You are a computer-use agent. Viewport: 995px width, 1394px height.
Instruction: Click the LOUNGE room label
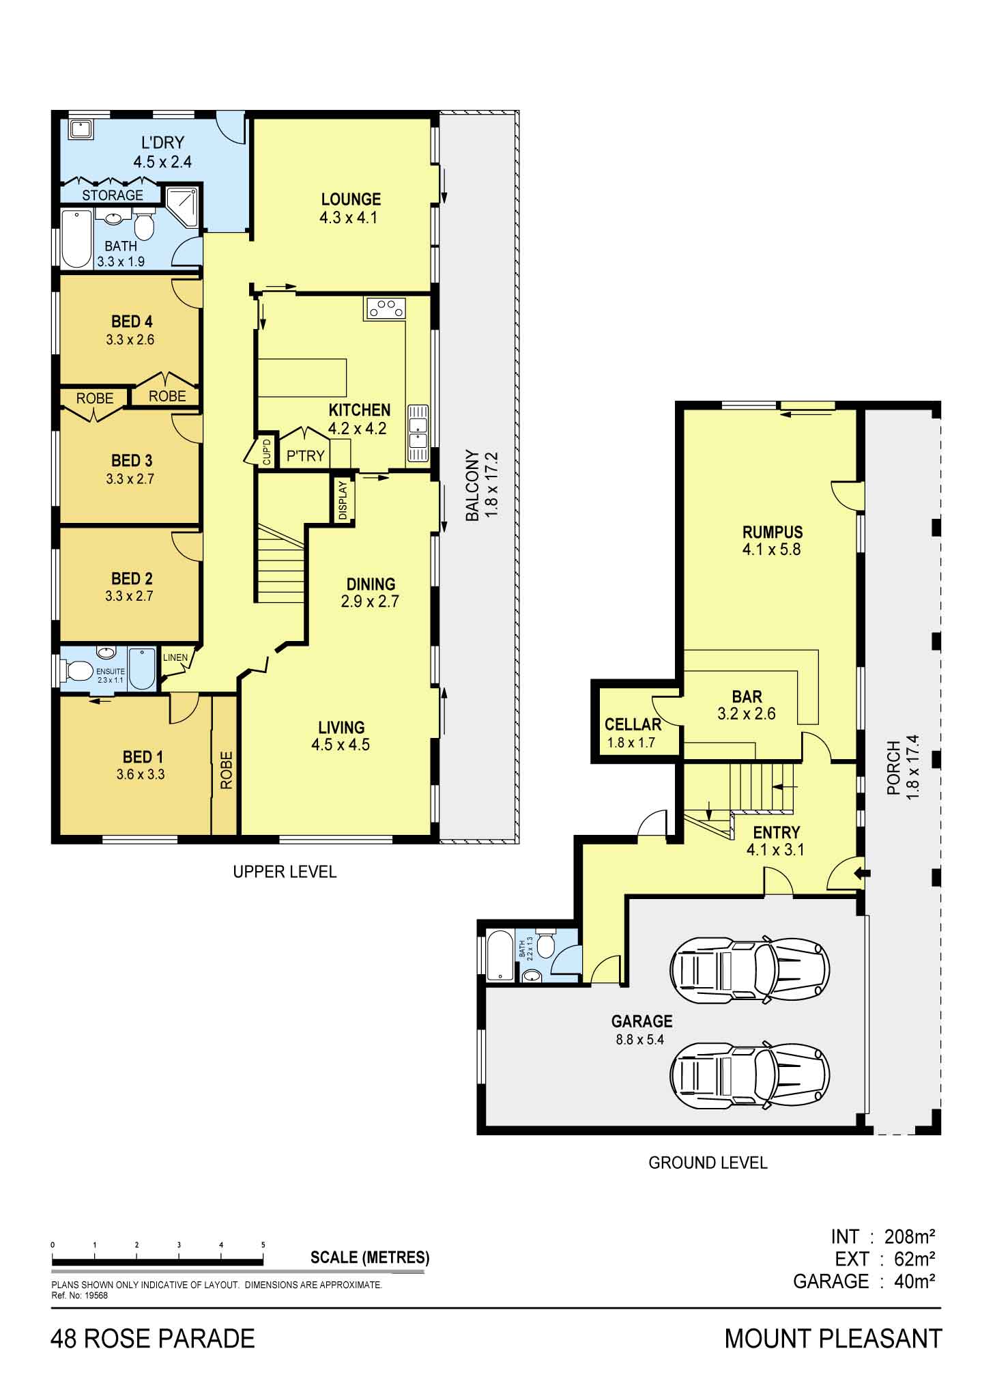tap(351, 199)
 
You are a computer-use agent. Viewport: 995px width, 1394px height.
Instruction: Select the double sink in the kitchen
tap(418, 433)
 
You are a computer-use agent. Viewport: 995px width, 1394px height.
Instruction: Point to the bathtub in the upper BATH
tap(76, 239)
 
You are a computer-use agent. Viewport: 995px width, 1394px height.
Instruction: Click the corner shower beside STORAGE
tap(183, 205)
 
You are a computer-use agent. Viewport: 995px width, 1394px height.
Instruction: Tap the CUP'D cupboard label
tap(267, 453)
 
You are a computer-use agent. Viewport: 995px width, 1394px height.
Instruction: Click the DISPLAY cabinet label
tap(343, 500)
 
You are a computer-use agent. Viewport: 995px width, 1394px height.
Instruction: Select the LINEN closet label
tap(175, 658)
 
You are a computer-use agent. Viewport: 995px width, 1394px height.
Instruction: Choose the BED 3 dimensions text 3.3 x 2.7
tap(130, 479)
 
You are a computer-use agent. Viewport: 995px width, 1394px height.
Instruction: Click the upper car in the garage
tap(749, 969)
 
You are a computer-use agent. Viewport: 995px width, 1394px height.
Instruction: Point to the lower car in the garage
tap(749, 1073)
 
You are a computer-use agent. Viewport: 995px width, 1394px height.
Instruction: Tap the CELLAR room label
tap(633, 724)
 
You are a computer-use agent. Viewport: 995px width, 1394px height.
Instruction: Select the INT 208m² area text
tap(882, 1236)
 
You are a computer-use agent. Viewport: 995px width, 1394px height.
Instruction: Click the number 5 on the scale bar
tap(263, 1244)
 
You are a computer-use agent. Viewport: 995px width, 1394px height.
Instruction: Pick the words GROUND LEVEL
tap(708, 1163)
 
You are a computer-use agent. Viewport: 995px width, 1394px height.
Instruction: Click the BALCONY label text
tap(472, 485)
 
